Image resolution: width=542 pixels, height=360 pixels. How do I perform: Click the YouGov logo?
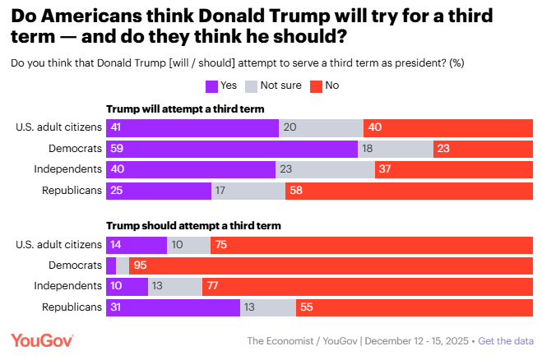(x=42, y=340)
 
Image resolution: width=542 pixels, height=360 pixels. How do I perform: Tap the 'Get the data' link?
(x=506, y=341)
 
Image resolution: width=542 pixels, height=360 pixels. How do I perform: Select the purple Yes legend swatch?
(x=211, y=85)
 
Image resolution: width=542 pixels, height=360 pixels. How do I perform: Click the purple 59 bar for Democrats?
(x=232, y=148)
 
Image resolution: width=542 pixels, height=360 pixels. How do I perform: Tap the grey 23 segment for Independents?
(x=325, y=169)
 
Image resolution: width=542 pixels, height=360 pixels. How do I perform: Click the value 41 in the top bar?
(x=116, y=127)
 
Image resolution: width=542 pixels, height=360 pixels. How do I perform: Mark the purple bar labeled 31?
(x=173, y=307)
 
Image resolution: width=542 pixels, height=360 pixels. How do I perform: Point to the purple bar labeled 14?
(x=137, y=244)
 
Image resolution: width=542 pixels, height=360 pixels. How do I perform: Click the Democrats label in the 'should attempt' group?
(x=76, y=265)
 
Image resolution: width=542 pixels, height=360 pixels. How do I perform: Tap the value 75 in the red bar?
(x=220, y=244)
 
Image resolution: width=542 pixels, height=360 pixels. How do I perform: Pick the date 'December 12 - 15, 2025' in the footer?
(x=418, y=341)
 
